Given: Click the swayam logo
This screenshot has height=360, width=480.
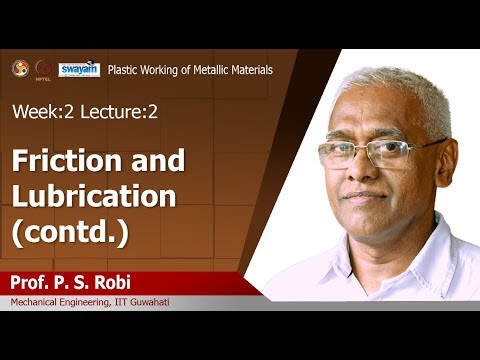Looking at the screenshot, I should (78, 69).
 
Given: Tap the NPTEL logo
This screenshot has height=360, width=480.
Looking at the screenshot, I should (43, 69).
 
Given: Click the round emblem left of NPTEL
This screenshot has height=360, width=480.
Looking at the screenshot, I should (19, 68).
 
